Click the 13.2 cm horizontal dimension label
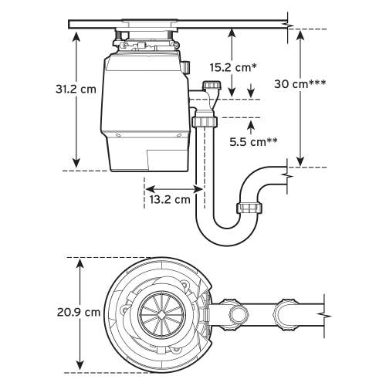[x=168, y=199]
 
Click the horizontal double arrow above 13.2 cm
[x=174, y=188]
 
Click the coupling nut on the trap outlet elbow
[x=250, y=208]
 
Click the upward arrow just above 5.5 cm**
[x=249, y=124]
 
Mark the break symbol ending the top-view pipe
[x=322, y=314]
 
